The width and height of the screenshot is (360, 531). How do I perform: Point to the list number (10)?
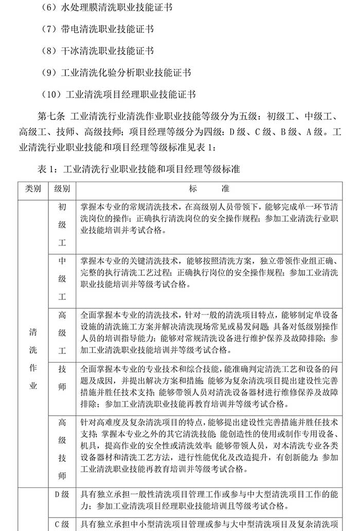[53, 95]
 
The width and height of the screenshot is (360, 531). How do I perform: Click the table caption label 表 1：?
[49, 169]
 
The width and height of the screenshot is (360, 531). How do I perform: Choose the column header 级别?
[62, 188]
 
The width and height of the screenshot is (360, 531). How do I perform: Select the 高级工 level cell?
[62, 333]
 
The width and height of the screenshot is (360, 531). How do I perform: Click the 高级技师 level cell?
[62, 448]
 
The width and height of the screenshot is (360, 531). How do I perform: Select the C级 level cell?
[62, 524]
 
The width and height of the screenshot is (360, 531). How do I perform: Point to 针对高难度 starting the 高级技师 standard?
[101, 421]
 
